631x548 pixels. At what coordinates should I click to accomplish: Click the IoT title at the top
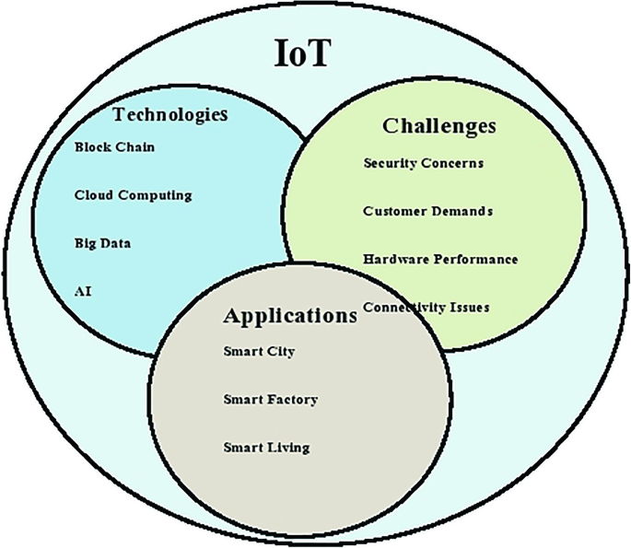pyautogui.click(x=302, y=53)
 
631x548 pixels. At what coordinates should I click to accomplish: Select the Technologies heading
pyautogui.click(x=169, y=115)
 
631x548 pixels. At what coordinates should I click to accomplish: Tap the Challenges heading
pyautogui.click(x=439, y=125)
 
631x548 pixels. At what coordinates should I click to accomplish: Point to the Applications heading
pyautogui.click(x=289, y=316)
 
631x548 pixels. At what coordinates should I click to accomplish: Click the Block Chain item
pyautogui.click(x=115, y=147)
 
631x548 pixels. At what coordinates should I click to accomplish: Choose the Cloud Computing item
pyautogui.click(x=133, y=195)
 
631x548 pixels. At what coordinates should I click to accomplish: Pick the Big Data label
pyautogui.click(x=102, y=243)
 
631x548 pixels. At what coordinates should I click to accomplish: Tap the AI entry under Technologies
pyautogui.click(x=83, y=291)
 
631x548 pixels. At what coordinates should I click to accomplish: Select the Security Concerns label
pyautogui.click(x=423, y=163)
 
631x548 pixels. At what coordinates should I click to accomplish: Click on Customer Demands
pyautogui.click(x=427, y=211)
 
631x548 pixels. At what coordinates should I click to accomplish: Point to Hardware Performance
pyautogui.click(x=440, y=259)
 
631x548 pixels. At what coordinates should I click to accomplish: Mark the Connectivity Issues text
pyautogui.click(x=426, y=307)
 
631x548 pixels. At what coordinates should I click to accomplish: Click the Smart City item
pyautogui.click(x=259, y=351)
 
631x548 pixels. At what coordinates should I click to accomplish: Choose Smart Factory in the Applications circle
pyautogui.click(x=270, y=399)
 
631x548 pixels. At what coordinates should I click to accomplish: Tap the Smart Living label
pyautogui.click(x=266, y=448)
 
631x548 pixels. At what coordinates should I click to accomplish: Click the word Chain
pyautogui.click(x=135, y=147)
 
